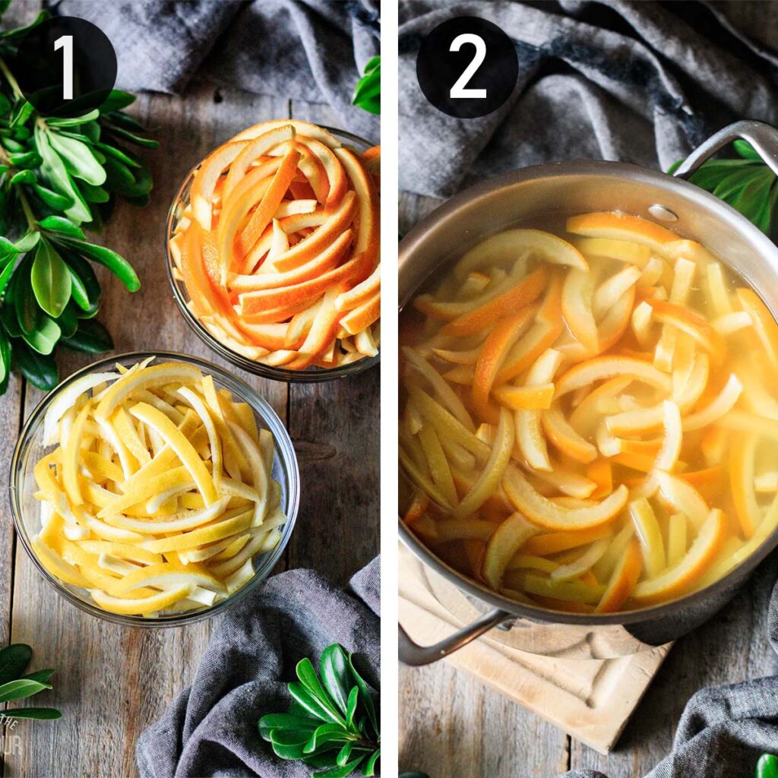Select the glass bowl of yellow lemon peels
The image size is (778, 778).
point(156,486)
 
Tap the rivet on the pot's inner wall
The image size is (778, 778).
point(663,213)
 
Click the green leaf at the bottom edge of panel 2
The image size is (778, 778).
point(767,766)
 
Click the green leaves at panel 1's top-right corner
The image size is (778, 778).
point(368,87)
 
